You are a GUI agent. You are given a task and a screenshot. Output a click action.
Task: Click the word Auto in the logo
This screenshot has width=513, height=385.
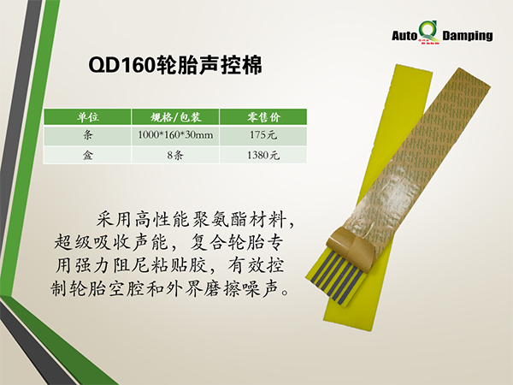point(404,35)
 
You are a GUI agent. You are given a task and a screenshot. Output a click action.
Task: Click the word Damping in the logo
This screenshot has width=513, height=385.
point(468,36)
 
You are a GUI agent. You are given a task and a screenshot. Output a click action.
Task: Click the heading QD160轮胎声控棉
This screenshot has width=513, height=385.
point(175,65)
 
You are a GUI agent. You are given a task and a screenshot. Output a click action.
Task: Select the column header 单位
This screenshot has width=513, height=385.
point(88,117)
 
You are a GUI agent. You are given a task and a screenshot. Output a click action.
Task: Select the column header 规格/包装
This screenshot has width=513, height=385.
point(175,117)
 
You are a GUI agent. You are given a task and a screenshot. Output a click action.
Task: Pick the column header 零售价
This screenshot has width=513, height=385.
point(263,117)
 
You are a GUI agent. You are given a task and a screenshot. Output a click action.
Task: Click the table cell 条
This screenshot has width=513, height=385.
point(88,134)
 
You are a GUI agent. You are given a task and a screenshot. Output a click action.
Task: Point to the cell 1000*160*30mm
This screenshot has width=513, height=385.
point(175,135)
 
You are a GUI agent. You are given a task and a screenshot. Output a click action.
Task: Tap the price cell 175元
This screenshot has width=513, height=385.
point(263,135)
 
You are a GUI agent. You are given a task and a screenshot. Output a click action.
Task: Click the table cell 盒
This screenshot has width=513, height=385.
point(88,155)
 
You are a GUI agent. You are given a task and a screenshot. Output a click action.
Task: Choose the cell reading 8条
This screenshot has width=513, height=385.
point(175,155)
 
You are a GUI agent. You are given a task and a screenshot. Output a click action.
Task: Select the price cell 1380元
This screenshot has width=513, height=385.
point(263,155)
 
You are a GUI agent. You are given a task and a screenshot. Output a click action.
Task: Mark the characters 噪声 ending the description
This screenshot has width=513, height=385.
point(261,288)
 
